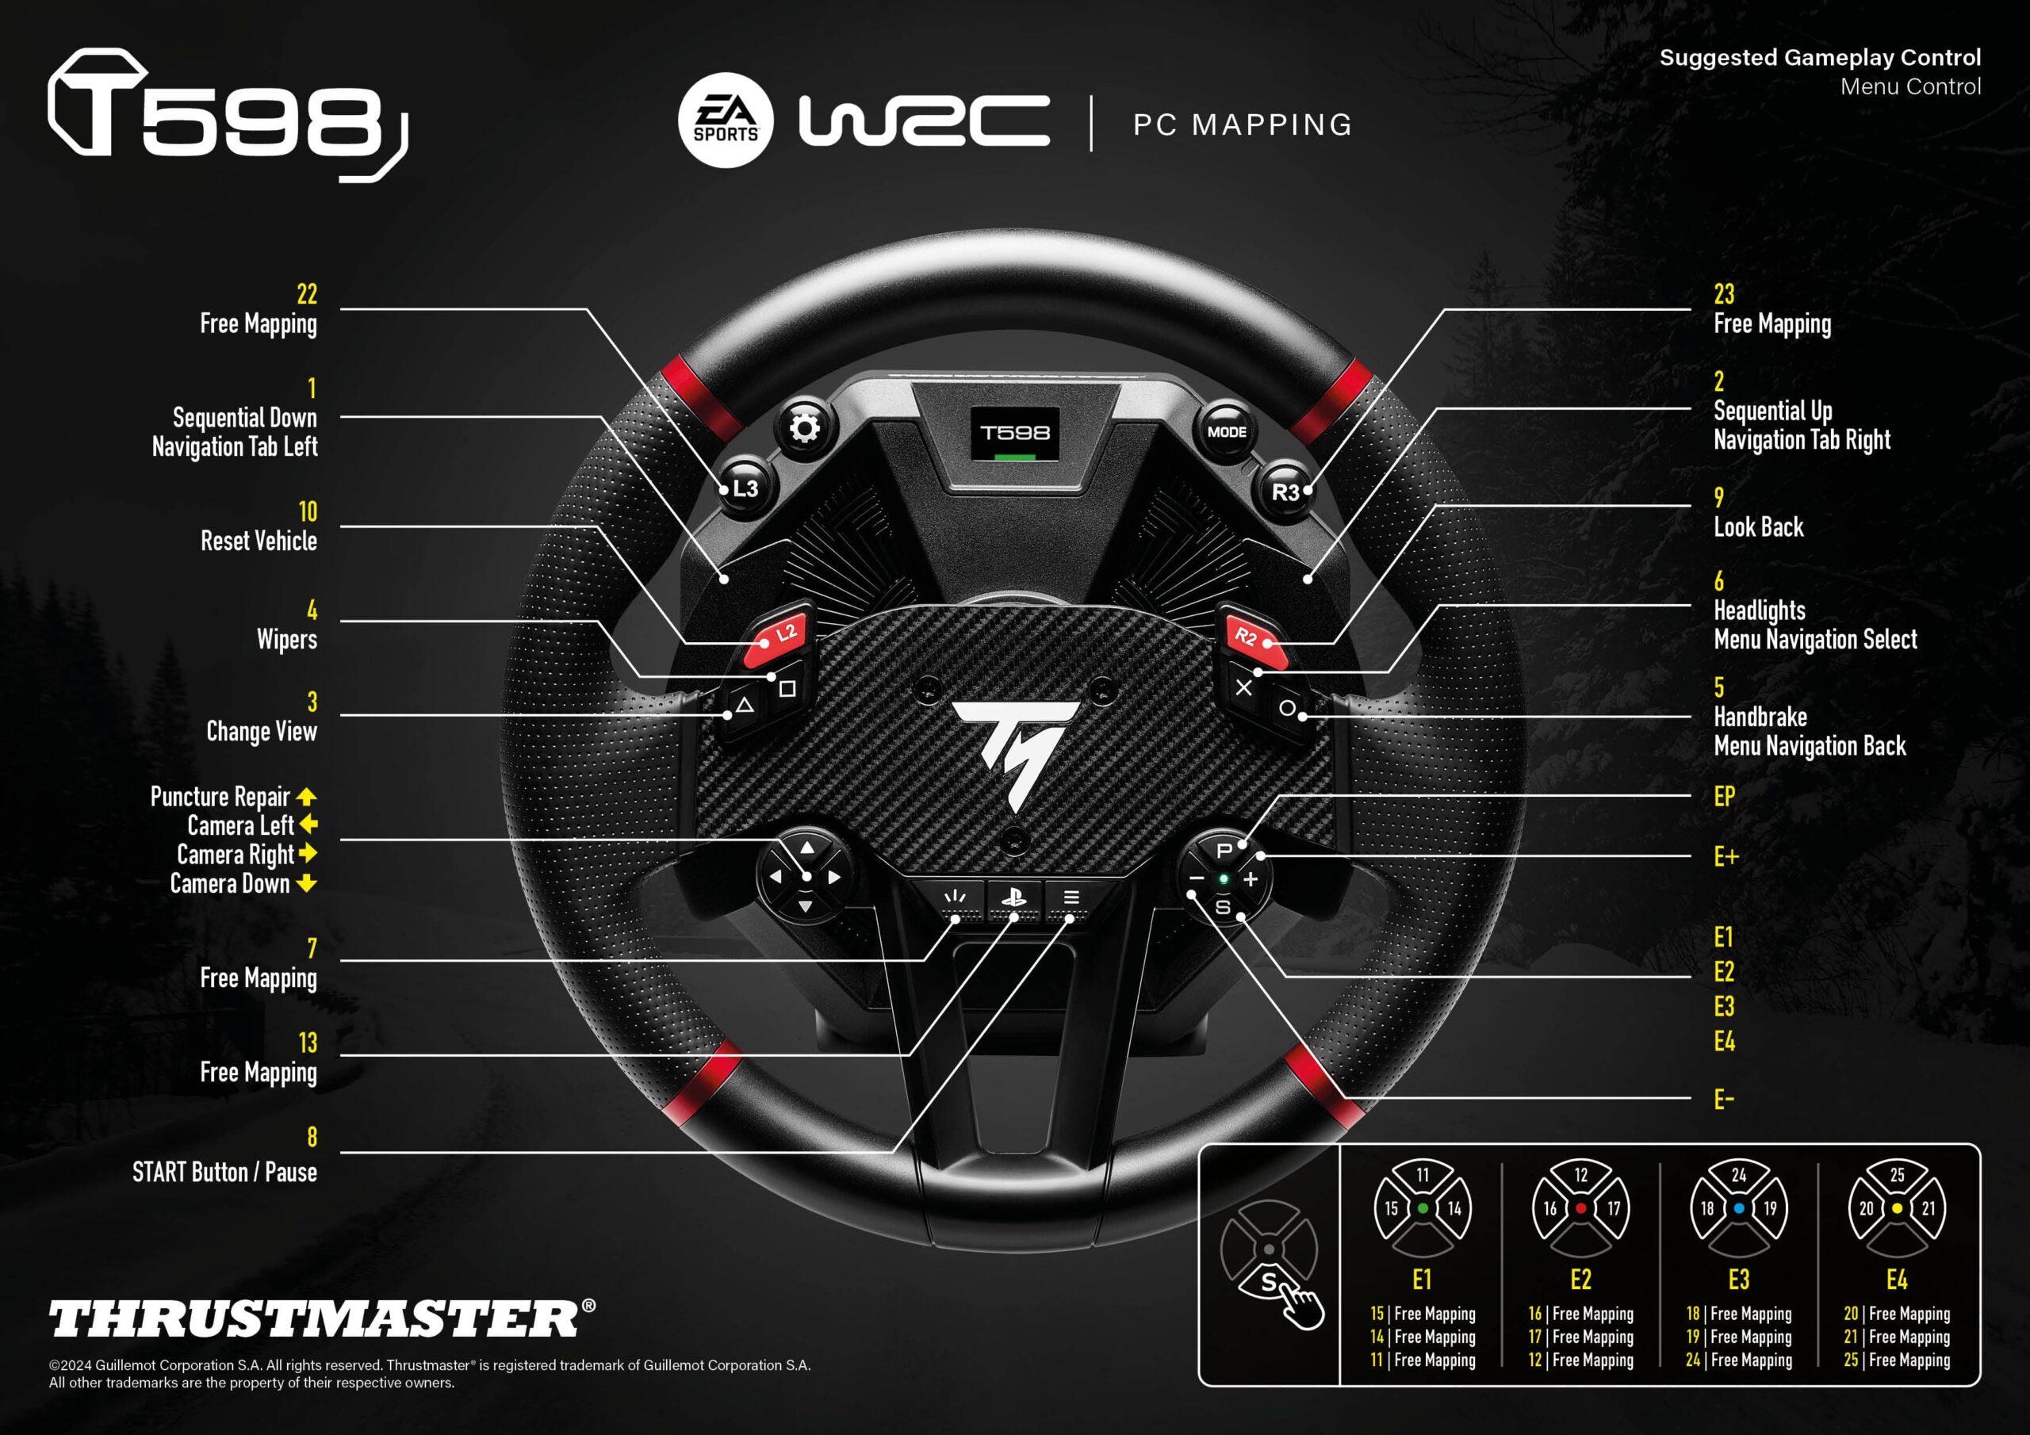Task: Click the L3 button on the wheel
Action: pyautogui.click(x=744, y=488)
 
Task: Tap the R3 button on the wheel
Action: pyautogui.click(x=1285, y=491)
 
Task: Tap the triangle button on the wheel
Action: pyautogui.click(x=745, y=706)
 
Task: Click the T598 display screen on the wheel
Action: pyautogui.click(x=1015, y=433)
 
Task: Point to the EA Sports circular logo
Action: pyautogui.click(x=725, y=121)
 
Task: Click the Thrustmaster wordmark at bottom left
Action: pyautogui.click(x=322, y=1318)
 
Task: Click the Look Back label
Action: pyautogui.click(x=1758, y=527)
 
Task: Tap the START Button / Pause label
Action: pyautogui.click(x=224, y=1172)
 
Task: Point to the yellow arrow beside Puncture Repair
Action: pyautogui.click(x=306, y=797)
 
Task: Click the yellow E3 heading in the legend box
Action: pyautogui.click(x=1738, y=1280)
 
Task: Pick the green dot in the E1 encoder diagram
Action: pyautogui.click(x=1423, y=1207)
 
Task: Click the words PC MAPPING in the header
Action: pyautogui.click(x=1243, y=124)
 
